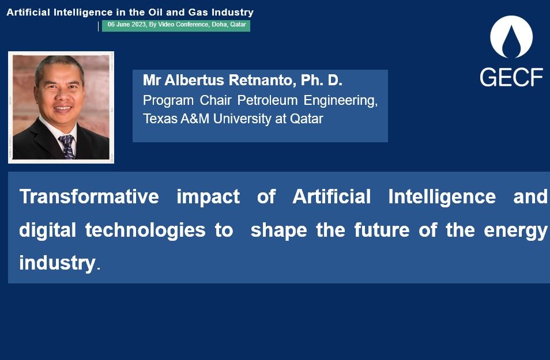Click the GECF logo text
point(511,77)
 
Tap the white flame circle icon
point(511,37)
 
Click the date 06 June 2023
point(126,25)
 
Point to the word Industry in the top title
point(233,12)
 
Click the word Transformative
point(89,196)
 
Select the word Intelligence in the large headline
point(442,196)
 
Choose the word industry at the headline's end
point(56,263)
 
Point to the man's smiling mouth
point(62,108)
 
